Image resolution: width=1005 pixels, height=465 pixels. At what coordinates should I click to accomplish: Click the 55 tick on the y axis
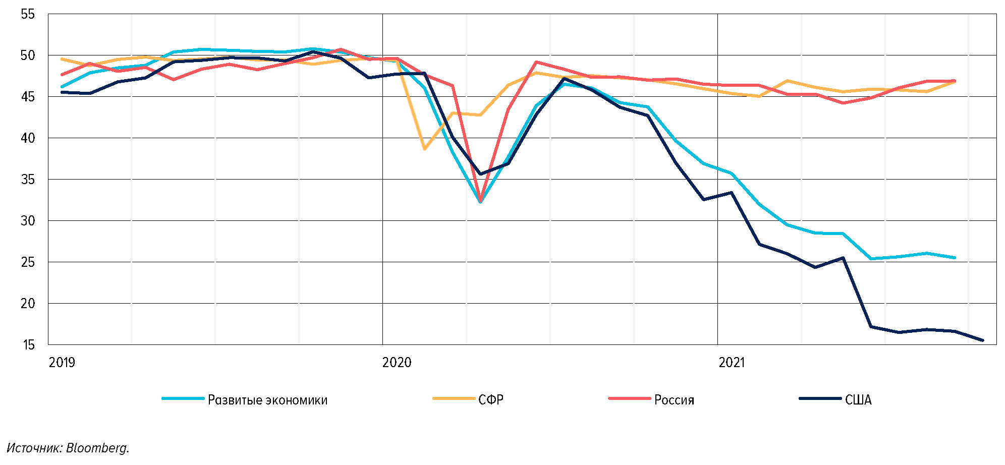pos(28,14)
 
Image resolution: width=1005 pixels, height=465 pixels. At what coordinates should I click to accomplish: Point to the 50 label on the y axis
pos(28,55)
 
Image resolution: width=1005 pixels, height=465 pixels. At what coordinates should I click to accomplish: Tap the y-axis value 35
pos(28,180)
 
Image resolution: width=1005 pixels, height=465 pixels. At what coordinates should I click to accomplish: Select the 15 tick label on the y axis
pos(28,345)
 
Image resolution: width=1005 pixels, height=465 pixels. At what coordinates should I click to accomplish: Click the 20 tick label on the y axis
pos(28,304)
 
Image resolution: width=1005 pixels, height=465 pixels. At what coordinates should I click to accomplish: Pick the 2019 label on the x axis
pos(62,363)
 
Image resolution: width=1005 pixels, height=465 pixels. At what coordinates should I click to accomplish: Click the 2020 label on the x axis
pos(397,363)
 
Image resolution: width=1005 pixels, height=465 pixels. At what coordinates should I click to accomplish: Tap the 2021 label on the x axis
pos(732,363)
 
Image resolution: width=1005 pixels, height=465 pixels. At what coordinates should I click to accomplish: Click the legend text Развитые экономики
pos(267,400)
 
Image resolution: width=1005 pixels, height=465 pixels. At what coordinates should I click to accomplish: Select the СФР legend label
pos(490,400)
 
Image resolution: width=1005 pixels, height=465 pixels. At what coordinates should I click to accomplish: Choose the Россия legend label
pos(674,400)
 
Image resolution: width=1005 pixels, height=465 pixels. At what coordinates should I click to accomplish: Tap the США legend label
pos(858,400)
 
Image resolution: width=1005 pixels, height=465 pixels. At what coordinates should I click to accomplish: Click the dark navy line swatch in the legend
pos(820,398)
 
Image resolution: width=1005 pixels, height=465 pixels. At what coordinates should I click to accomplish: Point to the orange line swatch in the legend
pos(454,398)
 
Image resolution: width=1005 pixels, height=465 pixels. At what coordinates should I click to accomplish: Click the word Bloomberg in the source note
pos(97,448)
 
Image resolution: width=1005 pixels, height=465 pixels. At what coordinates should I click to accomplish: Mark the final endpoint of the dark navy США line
pos(982,340)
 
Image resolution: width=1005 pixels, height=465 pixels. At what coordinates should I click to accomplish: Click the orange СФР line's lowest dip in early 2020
pos(425,149)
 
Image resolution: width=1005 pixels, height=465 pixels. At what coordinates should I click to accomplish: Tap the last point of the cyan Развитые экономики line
pos(955,258)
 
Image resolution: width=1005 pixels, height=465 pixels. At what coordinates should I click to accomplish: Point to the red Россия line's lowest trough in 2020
pos(480,201)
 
